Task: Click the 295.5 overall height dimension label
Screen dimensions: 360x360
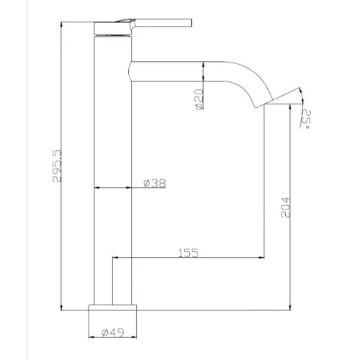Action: coord(57,166)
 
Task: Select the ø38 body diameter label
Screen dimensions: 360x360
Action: coord(155,183)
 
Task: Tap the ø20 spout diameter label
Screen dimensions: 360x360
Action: coord(199,99)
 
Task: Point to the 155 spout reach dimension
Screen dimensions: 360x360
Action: coord(189,253)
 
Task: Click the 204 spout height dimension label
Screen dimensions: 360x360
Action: coord(286,207)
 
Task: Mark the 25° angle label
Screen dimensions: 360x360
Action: coord(306,119)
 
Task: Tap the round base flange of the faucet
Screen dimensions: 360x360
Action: coord(112,308)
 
